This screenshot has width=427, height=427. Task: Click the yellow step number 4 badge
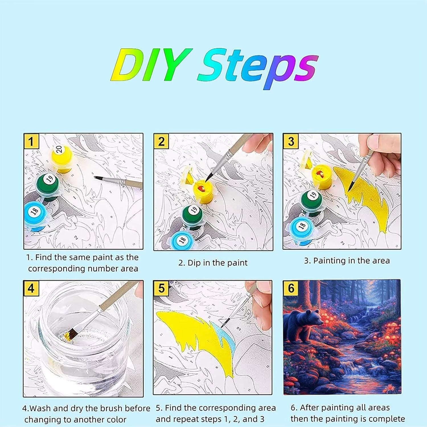coord(31,288)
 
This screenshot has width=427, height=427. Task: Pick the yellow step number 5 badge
coord(161,288)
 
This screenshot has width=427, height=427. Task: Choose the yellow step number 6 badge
coord(291,288)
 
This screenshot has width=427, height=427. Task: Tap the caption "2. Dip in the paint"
coord(213,263)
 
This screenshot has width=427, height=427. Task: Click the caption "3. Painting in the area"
coord(347,261)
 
